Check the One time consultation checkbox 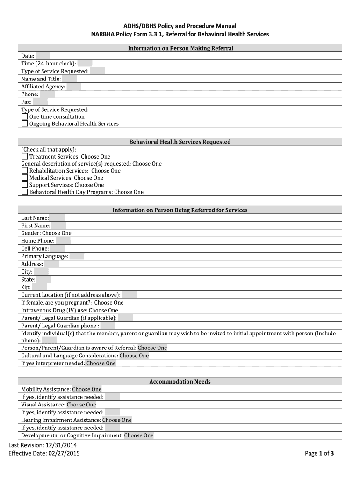pyautogui.click(x=25, y=116)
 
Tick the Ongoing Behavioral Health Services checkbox pyautogui.click(x=25, y=123)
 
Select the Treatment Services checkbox pyautogui.click(x=25, y=157)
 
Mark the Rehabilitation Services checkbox pyautogui.click(x=25, y=171)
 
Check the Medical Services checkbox pyautogui.click(x=25, y=178)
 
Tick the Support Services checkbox pyautogui.click(x=25, y=185)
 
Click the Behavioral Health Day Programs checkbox pyautogui.click(x=25, y=192)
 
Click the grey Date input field pyautogui.click(x=43, y=56)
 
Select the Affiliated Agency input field pyautogui.click(x=74, y=87)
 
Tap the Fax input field pyautogui.click(x=40, y=102)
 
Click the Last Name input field pyautogui.click(x=57, y=218)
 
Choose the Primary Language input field pyautogui.click(x=77, y=256)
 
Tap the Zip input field pyautogui.click(x=39, y=287)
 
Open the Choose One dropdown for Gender pyautogui.click(x=57, y=233)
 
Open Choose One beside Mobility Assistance pyautogui.click(x=86, y=389)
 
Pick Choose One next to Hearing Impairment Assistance pyautogui.click(x=117, y=420)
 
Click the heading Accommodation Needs pyautogui.click(x=180, y=382)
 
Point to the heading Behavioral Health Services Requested pyautogui.click(x=180, y=142)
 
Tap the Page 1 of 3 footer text pyautogui.click(x=319, y=453)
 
